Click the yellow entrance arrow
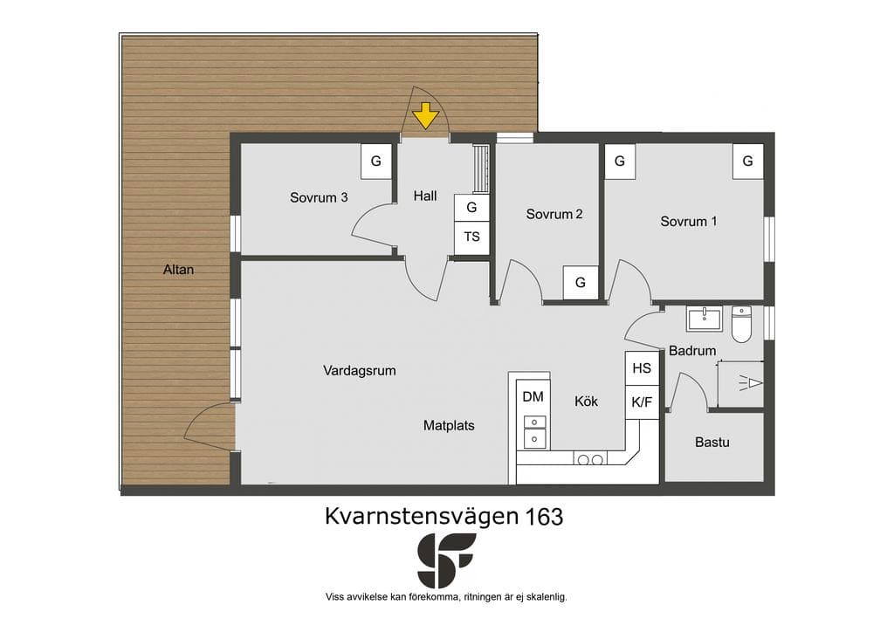click(425, 115)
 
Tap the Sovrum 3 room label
click(319, 198)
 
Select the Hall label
click(425, 196)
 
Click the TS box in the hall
click(471, 237)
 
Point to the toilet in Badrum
click(741, 324)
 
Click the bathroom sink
click(705, 319)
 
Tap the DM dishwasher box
click(533, 396)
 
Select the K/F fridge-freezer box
click(642, 402)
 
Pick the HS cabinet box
click(642, 368)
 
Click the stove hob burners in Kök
click(590, 459)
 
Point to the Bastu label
click(712, 443)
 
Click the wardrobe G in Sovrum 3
click(375, 161)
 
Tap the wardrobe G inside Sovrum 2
click(581, 283)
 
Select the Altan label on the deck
click(178, 270)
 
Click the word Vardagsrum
click(359, 371)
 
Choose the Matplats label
click(449, 426)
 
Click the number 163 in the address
click(545, 516)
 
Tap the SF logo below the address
click(446, 560)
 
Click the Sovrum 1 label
click(688, 222)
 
